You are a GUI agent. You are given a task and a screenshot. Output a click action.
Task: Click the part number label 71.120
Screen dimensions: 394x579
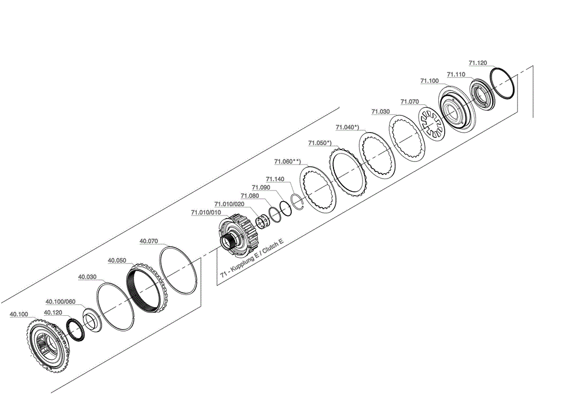[478, 63]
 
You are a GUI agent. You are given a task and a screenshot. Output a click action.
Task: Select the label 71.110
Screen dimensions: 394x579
[456, 75]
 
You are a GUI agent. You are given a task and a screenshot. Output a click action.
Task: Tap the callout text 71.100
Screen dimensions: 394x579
[429, 81]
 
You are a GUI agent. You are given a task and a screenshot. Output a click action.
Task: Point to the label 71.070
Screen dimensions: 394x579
[409, 101]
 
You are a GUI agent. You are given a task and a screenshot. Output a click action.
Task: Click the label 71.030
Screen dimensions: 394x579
[380, 111]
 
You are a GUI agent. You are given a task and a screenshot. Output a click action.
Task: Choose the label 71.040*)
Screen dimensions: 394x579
[347, 127]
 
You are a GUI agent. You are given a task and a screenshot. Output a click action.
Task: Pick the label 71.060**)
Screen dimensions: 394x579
[288, 162]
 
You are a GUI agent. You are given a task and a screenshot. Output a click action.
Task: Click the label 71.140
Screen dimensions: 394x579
[274, 180]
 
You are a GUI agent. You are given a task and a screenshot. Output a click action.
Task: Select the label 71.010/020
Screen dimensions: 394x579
[229, 204]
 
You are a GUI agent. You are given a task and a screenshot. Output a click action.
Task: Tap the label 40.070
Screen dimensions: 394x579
[149, 240]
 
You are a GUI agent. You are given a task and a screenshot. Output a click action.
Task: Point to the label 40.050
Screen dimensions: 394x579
[117, 261]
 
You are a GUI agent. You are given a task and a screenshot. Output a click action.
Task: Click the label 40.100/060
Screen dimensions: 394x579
[60, 301]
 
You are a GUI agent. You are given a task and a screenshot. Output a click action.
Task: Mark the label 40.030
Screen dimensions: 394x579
[87, 277]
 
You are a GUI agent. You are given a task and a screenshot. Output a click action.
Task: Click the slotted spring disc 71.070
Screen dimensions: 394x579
[431, 125]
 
